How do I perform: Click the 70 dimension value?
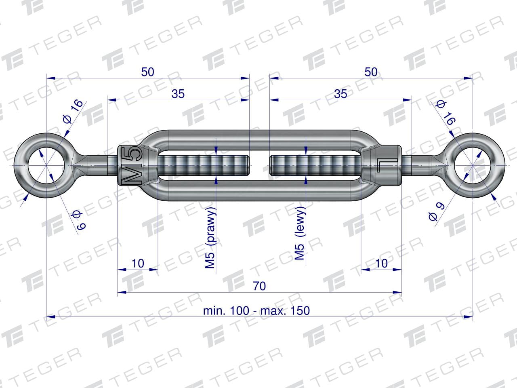(259, 286)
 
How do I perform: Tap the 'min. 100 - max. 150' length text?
(256, 311)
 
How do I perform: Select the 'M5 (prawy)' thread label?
(210, 238)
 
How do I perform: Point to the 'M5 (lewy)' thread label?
(300, 233)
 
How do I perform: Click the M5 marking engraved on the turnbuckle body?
(131, 165)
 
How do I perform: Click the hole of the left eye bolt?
(46, 165)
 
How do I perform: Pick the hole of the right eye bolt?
(472, 165)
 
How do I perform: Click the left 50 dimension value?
(148, 72)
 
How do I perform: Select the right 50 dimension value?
(371, 72)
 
